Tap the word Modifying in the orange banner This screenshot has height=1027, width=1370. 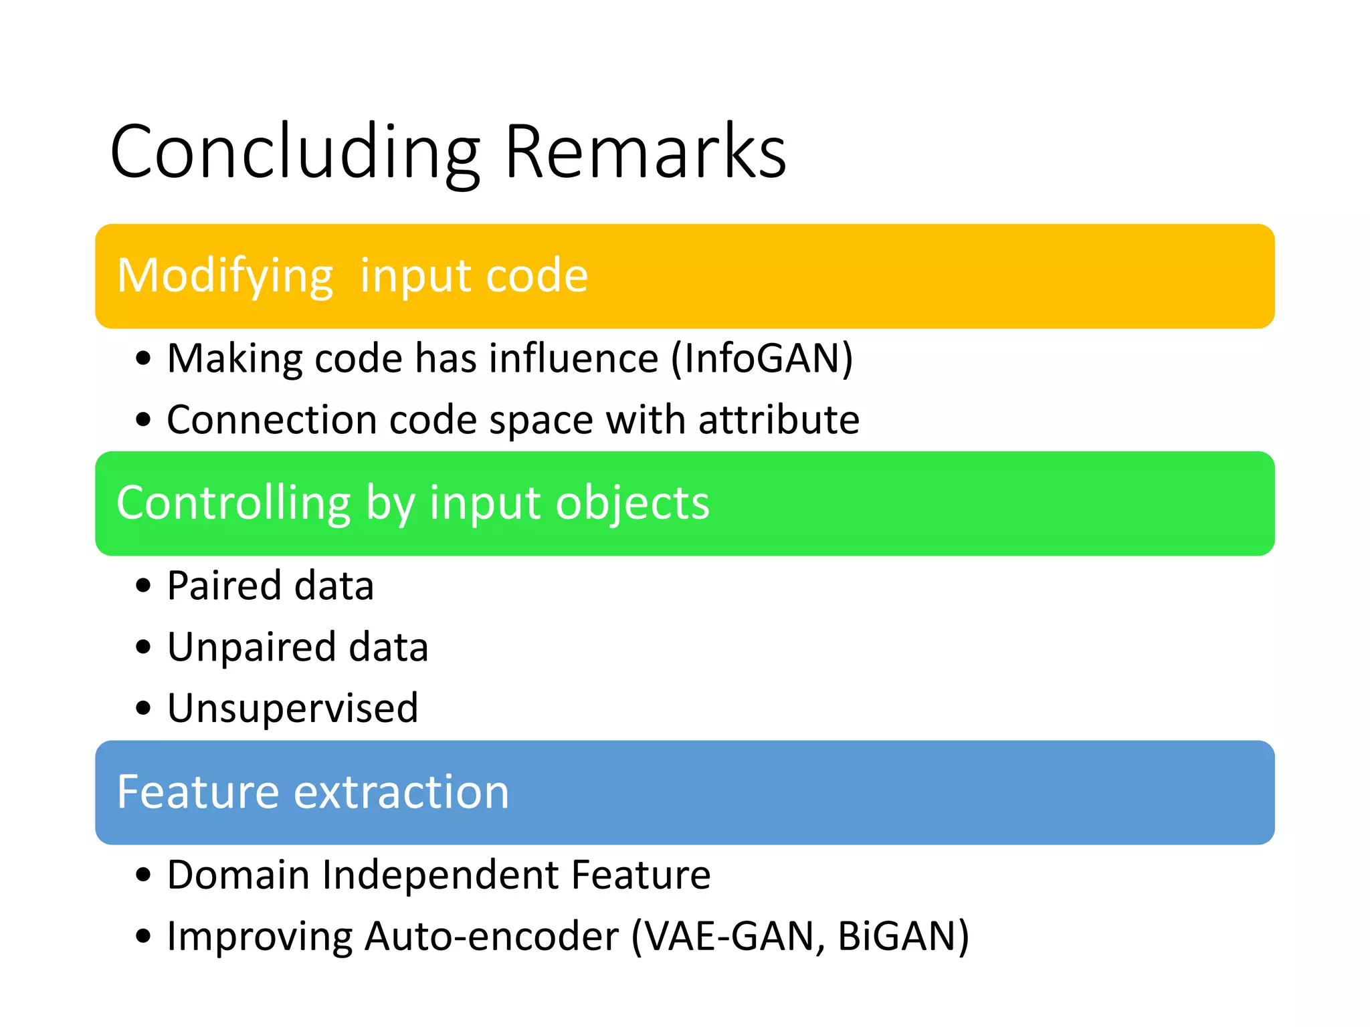(225, 275)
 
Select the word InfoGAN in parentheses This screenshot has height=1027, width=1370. (762, 358)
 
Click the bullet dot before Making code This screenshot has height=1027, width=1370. (143, 358)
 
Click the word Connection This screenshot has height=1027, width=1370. (272, 420)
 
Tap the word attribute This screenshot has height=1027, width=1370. (779, 420)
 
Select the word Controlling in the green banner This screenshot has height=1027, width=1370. (233, 503)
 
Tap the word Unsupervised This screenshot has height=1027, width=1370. (292, 708)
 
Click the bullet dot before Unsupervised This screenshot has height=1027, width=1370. (143, 708)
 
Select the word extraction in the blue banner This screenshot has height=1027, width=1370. (401, 792)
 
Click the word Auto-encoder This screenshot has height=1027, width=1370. (492, 936)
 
